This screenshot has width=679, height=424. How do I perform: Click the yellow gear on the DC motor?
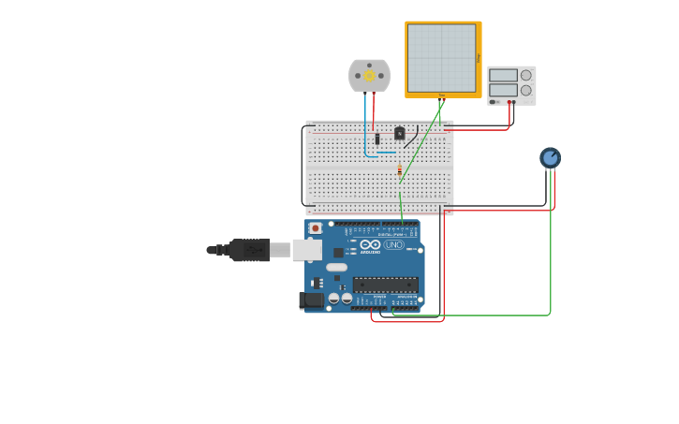[x=369, y=76]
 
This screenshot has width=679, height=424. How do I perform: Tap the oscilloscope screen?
[x=441, y=58]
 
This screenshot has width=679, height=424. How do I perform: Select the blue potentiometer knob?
[x=550, y=158]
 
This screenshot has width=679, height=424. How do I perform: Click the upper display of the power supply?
[x=503, y=75]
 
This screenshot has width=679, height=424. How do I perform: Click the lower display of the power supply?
[x=503, y=90]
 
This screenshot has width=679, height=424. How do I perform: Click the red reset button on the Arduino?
[x=316, y=227]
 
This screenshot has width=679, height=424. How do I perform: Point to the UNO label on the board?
[x=393, y=244]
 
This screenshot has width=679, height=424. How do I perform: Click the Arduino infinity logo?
[x=370, y=244]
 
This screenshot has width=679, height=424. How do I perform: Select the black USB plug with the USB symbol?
[x=249, y=250]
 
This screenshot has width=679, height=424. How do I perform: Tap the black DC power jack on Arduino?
[x=311, y=300]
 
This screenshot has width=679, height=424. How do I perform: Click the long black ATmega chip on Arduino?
[x=385, y=284]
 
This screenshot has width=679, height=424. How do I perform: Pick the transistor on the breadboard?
[x=400, y=133]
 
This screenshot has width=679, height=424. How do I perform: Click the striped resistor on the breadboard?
[x=400, y=170]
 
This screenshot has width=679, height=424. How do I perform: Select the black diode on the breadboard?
[x=377, y=139]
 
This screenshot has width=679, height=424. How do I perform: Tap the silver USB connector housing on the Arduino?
[x=306, y=250]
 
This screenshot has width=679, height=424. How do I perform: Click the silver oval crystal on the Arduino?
[x=336, y=268]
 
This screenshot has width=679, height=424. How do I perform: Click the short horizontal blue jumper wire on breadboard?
[x=387, y=152]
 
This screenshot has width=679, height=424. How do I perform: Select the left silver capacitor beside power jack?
[x=333, y=298]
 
